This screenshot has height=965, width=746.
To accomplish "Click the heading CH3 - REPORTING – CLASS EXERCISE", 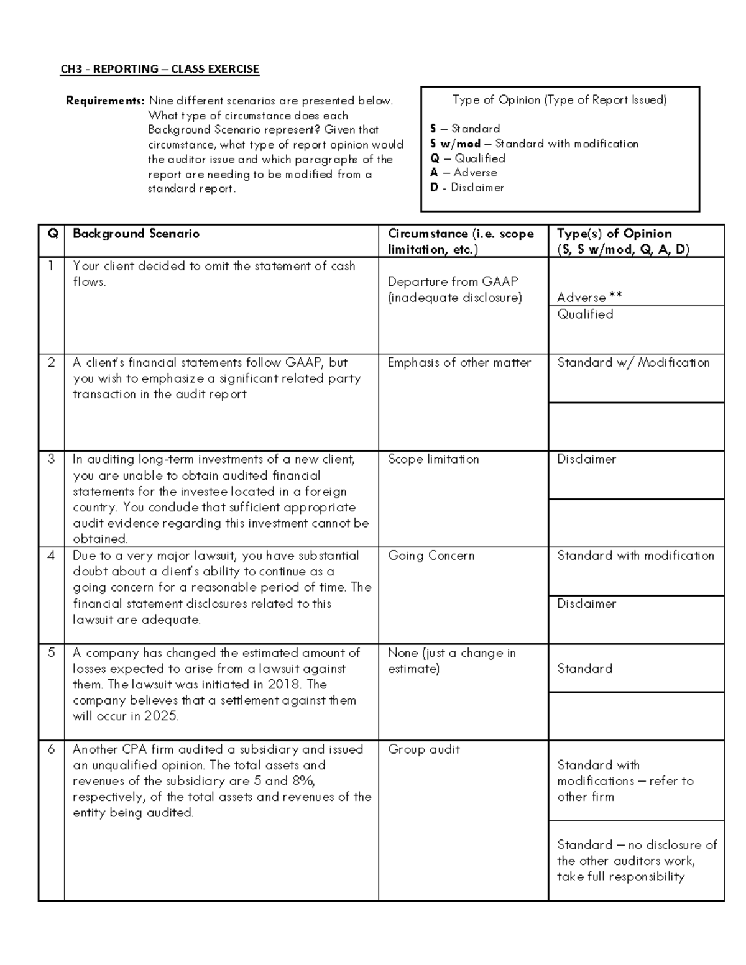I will tap(159, 69).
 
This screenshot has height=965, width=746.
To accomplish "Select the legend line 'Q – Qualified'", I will tap(467, 158).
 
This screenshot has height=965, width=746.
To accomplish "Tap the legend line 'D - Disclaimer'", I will tap(467, 188).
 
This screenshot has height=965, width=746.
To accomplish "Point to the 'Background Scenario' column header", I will tap(136, 234).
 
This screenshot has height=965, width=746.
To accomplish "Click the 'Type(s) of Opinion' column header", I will tap(614, 234).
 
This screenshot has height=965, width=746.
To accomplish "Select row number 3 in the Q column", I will tap(51, 459).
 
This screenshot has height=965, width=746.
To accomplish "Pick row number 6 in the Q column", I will tap(51, 749).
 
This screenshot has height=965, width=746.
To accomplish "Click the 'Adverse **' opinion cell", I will tap(589, 297).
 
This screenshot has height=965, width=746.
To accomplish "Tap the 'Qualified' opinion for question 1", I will tap(585, 314).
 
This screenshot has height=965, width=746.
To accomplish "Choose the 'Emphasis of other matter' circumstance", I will tap(459, 363).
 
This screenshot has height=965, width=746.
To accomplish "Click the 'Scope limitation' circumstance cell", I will tap(433, 459).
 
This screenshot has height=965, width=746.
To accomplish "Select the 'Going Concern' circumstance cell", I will tap(431, 556).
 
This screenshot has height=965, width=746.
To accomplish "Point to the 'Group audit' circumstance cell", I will tap(423, 749).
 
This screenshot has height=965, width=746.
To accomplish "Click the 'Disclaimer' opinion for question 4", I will tap(586, 604).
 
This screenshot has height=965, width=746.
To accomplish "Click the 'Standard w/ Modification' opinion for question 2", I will tap(633, 363).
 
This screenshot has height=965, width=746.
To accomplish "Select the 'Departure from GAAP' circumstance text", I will tap(453, 281).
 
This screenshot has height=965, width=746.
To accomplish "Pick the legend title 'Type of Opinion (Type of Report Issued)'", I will tap(559, 100).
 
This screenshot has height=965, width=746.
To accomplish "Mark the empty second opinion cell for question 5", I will tap(636, 716).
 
